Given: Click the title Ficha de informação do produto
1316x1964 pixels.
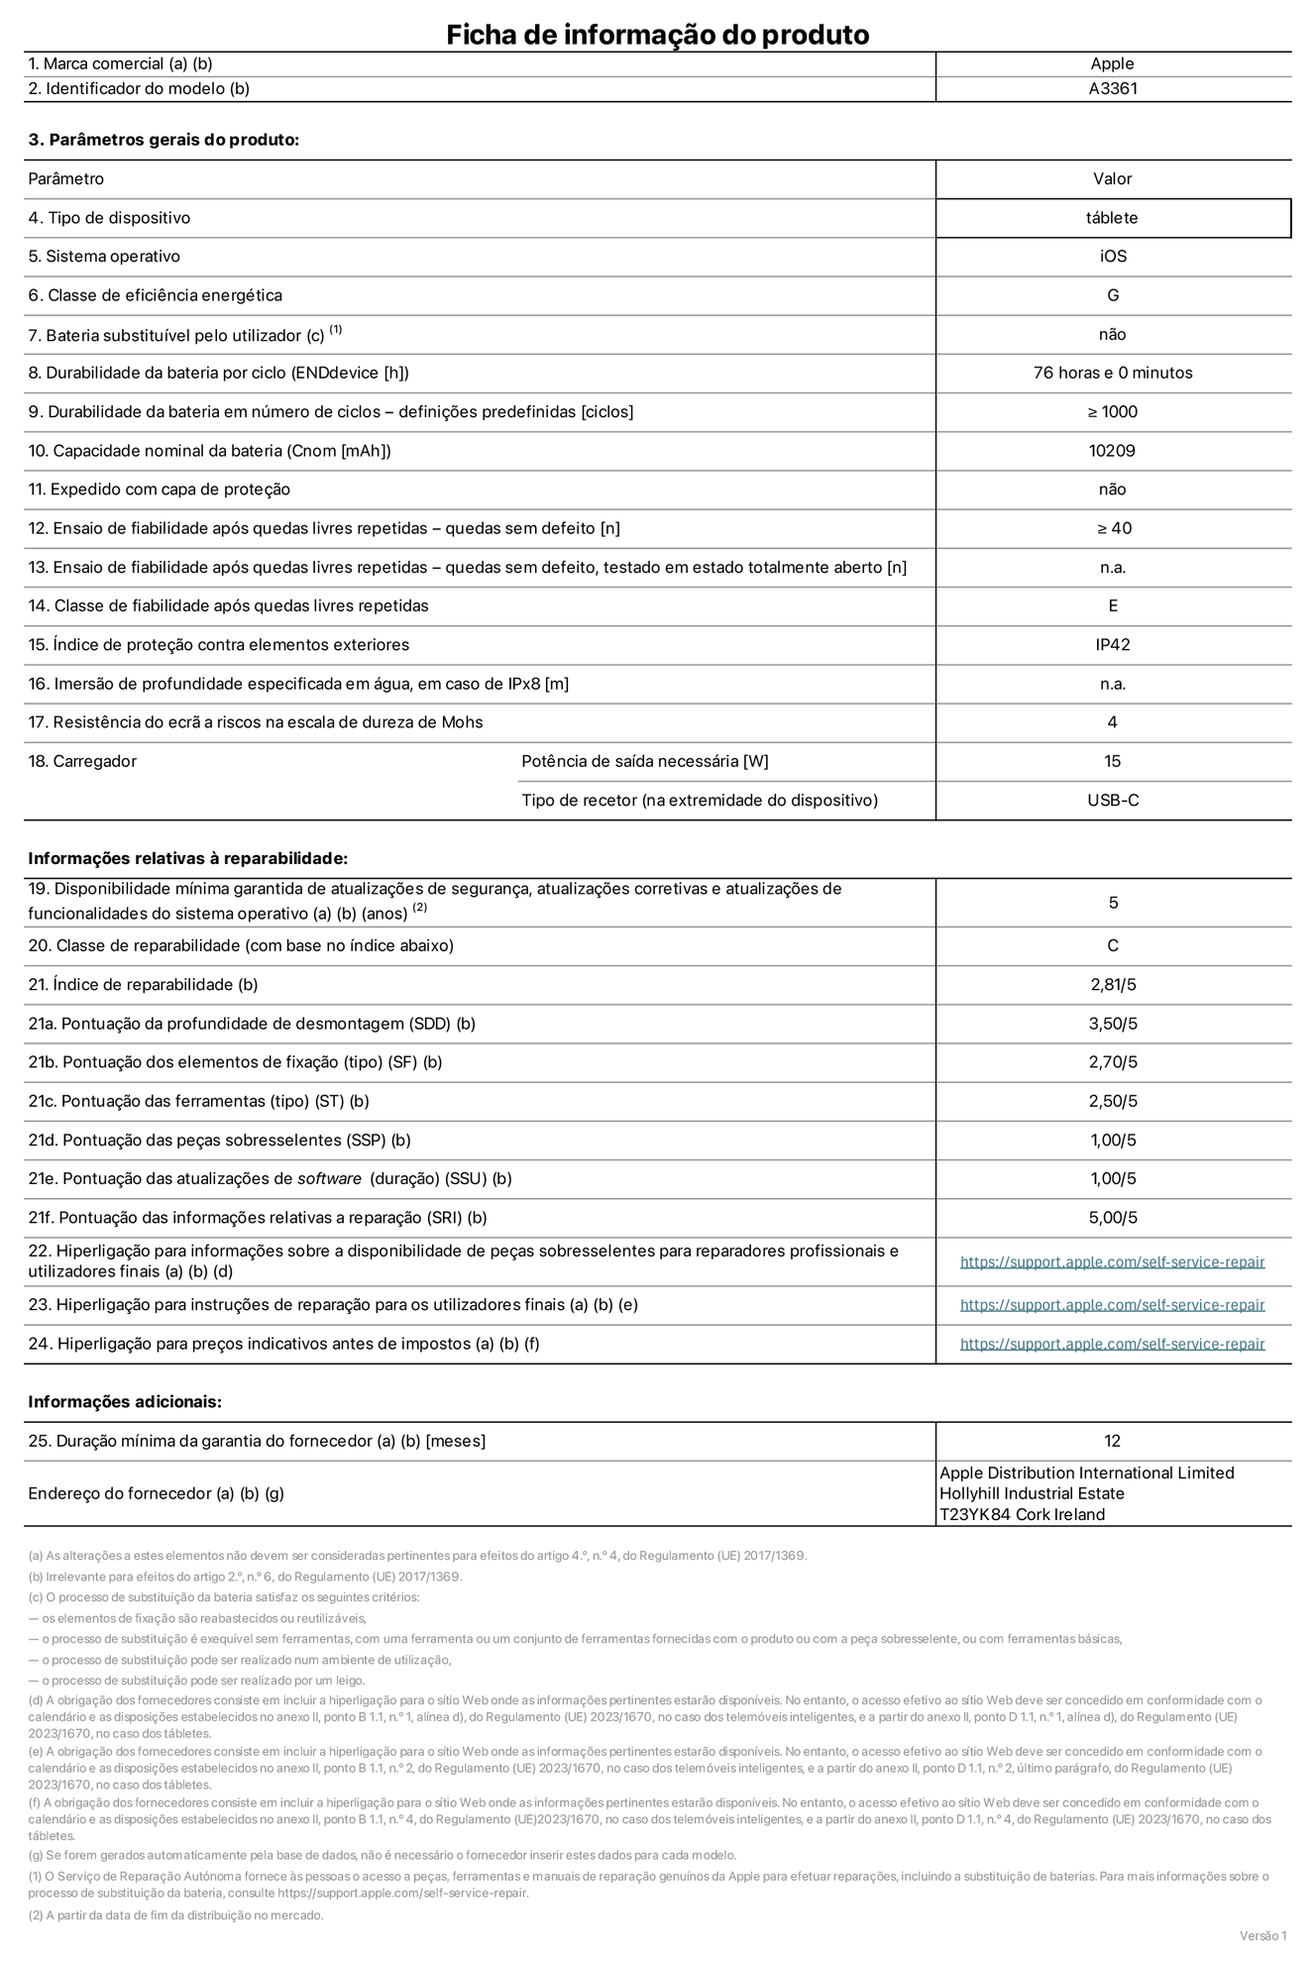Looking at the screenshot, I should tap(657, 35).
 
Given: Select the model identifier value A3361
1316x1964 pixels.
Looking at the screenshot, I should tap(1112, 88).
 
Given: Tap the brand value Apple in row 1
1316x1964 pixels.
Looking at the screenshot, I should tap(1112, 63).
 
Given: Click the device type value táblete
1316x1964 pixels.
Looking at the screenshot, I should tap(1112, 218).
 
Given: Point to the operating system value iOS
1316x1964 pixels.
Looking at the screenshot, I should tap(1112, 257).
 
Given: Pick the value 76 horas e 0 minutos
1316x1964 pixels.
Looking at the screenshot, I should tap(1112, 373).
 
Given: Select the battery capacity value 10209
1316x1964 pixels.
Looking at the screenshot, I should tap(1112, 451).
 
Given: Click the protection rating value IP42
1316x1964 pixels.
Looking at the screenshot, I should tap(1112, 645).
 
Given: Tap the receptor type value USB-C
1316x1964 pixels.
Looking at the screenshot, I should tap(1112, 800).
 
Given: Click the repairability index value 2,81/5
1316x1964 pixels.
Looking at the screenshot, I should tap(1112, 985).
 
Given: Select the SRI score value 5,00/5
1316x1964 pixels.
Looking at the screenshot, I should tap(1112, 1218).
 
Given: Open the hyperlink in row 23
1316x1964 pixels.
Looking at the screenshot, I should tap(1112, 1305).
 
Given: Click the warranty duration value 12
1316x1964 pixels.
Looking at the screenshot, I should tap(1112, 1441).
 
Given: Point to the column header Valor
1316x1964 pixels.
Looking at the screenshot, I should tap(1112, 179).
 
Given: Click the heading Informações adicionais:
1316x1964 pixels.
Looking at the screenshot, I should tap(125, 1401).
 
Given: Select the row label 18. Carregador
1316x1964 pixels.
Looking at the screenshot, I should tap(82, 761).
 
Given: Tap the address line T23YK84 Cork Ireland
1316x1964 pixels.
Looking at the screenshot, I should tap(1022, 1514).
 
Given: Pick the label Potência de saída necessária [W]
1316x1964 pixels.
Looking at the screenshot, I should tap(644, 761).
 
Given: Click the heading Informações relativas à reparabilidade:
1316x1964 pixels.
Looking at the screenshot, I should tap(188, 858).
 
